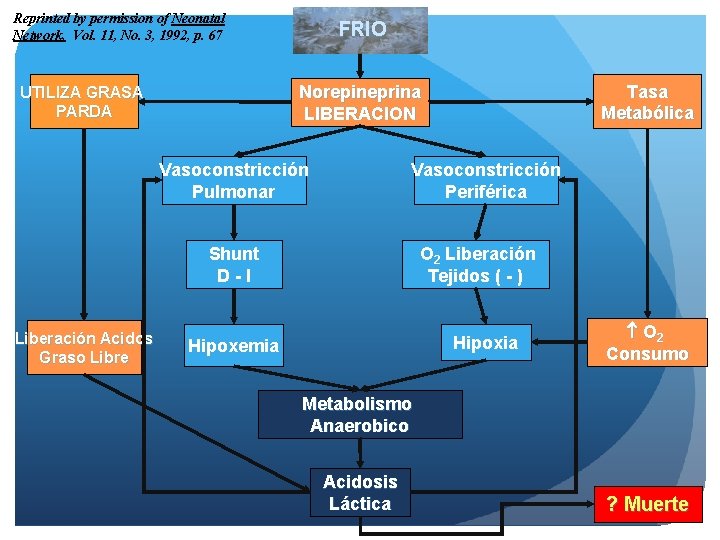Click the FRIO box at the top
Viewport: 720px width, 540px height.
pos(362,30)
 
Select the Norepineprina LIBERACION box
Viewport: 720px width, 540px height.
pos(360,102)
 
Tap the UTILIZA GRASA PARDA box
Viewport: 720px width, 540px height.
pos(84,101)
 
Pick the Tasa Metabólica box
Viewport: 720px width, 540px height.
pos(647,102)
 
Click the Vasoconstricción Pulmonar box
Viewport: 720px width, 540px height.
pos(233,181)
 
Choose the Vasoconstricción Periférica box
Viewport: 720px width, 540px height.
pos(485,181)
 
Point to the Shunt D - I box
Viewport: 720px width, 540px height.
pos(233,264)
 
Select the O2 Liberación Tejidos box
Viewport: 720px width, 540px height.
pos(476,264)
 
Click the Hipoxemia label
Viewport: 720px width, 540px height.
pos(233,346)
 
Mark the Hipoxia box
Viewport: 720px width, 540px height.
pos(485,343)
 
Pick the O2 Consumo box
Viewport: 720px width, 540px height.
pos(647,342)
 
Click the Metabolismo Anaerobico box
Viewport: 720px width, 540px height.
pos(360,414)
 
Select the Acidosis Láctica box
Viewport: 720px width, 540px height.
pos(360,493)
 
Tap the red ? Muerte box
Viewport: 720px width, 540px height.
pos(647,504)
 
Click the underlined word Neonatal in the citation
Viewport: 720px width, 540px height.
pos(198,18)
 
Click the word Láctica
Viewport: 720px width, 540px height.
pos(360,504)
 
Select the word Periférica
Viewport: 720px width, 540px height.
pos(485,192)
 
